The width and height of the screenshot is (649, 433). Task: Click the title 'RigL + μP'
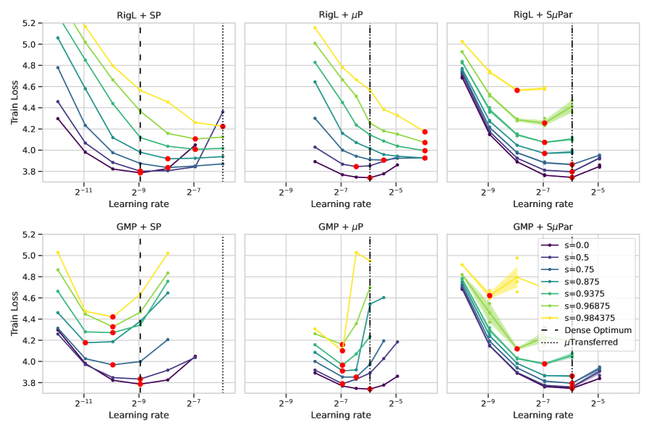click(341, 14)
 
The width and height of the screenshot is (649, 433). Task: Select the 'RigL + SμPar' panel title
click(543, 14)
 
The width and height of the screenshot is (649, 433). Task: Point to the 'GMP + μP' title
click(341, 226)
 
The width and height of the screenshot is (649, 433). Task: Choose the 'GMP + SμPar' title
click(543, 226)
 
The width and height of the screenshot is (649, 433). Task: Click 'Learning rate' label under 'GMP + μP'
click(341, 415)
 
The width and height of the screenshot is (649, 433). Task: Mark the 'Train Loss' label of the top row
click(15, 102)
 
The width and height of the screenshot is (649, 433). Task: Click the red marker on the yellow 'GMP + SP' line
click(112, 316)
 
